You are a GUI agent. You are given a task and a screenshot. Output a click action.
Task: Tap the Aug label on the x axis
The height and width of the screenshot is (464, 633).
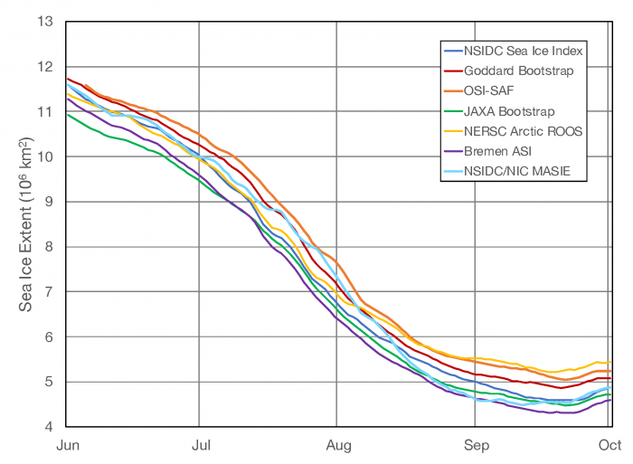(x=337, y=445)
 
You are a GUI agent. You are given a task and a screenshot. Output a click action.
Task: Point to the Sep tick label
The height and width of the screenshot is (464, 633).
(x=476, y=445)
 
